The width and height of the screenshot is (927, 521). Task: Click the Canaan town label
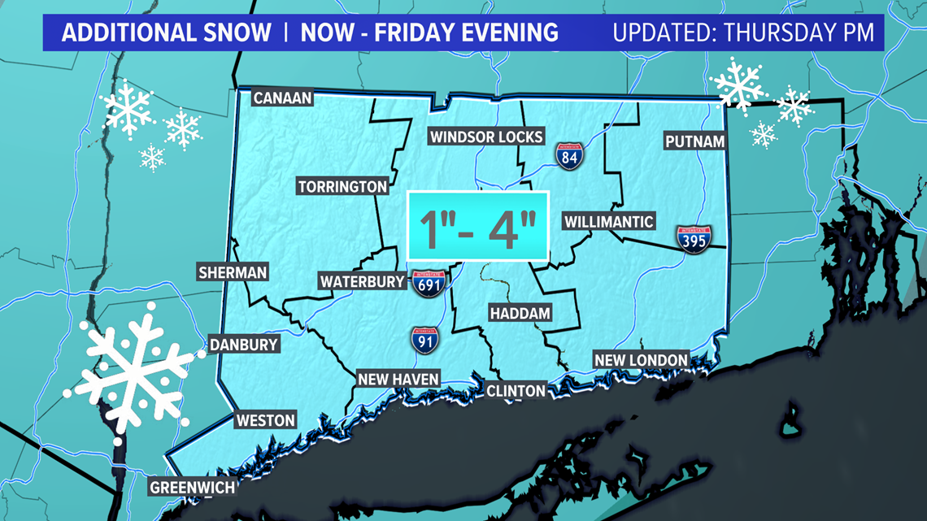(282, 98)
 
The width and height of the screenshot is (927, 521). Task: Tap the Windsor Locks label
(486, 137)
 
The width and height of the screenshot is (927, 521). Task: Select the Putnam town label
(694, 141)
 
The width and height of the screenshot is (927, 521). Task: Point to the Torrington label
(342, 187)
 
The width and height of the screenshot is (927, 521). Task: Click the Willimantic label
(609, 221)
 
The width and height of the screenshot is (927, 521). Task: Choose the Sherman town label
(233, 273)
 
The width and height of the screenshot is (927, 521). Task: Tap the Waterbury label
(362, 282)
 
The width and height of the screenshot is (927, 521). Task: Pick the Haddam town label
(520, 313)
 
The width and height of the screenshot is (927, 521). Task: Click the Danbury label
(244, 345)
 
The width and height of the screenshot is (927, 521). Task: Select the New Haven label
(398, 379)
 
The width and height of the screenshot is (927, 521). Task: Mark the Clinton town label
(516, 391)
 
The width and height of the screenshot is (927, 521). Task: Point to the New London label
(642, 360)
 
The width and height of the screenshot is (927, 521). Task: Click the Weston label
(265, 420)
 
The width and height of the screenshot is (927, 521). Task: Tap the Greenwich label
(192, 488)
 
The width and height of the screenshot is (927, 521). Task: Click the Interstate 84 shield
(569, 156)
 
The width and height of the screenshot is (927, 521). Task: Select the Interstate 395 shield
(694, 240)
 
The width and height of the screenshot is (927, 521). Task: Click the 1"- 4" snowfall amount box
(478, 226)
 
